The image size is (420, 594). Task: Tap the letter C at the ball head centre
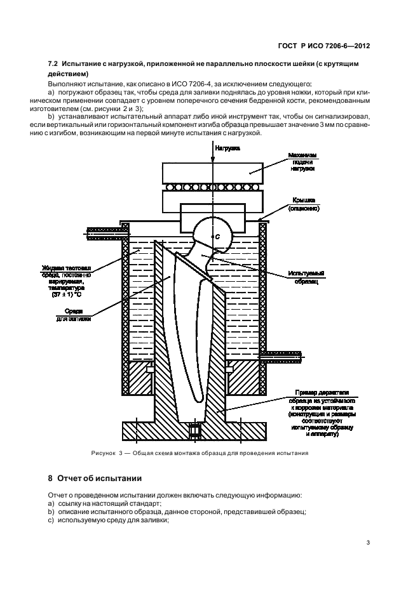218,236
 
